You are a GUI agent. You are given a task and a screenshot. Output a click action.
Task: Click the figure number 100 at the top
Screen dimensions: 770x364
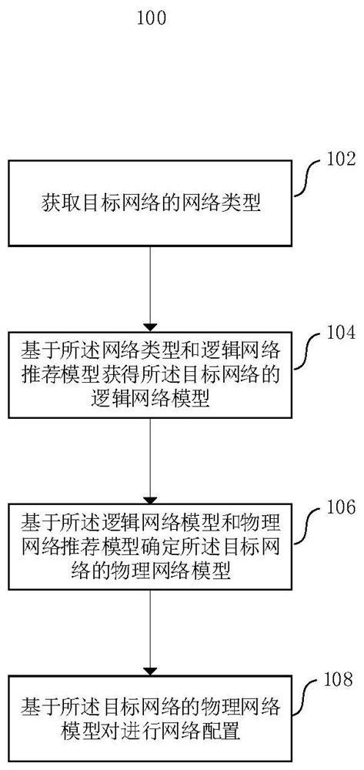[151, 18]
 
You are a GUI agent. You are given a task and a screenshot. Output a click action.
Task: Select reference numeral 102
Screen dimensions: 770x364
[341, 160]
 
